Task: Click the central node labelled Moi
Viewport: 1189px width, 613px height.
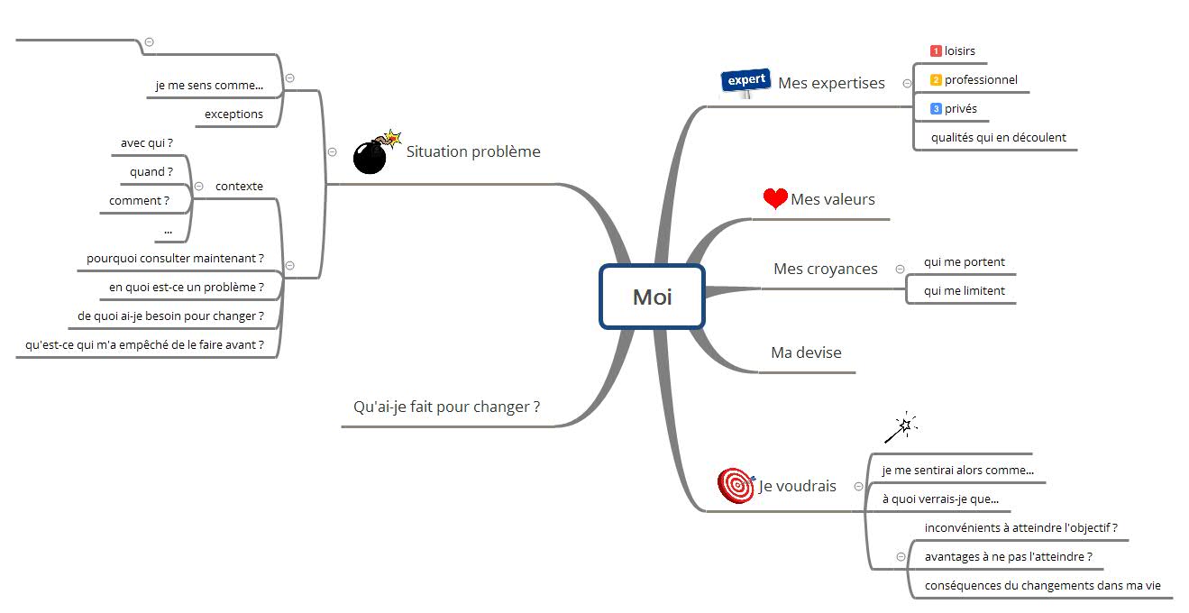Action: point(653,297)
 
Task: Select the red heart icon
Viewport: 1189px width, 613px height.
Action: point(775,198)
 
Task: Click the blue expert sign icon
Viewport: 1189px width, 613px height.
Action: point(745,82)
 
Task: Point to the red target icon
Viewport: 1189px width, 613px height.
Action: point(736,485)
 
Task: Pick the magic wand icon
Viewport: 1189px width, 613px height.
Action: point(901,427)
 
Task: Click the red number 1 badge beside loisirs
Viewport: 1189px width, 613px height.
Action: point(936,51)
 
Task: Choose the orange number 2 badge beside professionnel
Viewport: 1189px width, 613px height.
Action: point(936,79)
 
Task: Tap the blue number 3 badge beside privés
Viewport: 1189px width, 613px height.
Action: point(936,109)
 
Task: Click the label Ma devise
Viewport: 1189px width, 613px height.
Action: point(806,352)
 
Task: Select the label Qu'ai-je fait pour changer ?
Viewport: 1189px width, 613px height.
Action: point(446,407)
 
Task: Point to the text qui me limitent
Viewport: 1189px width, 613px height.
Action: point(964,291)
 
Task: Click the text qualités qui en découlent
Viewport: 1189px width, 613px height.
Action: point(999,137)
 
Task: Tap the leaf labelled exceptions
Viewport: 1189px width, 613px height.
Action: point(233,114)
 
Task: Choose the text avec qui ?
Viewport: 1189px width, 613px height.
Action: point(147,142)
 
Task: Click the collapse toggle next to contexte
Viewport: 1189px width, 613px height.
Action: point(199,187)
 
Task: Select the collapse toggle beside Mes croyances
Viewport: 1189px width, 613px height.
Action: point(900,269)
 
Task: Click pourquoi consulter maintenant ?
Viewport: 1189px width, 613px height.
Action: point(175,259)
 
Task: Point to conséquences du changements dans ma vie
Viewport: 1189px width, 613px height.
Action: point(1042,585)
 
